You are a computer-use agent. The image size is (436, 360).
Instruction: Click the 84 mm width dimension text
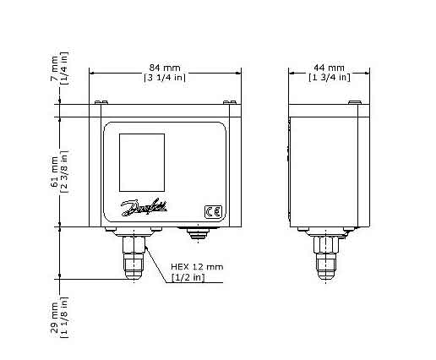click(x=166, y=68)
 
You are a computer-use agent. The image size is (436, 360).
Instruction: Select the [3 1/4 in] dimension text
click(x=166, y=78)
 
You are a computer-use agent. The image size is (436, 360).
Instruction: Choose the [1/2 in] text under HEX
click(x=187, y=277)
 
